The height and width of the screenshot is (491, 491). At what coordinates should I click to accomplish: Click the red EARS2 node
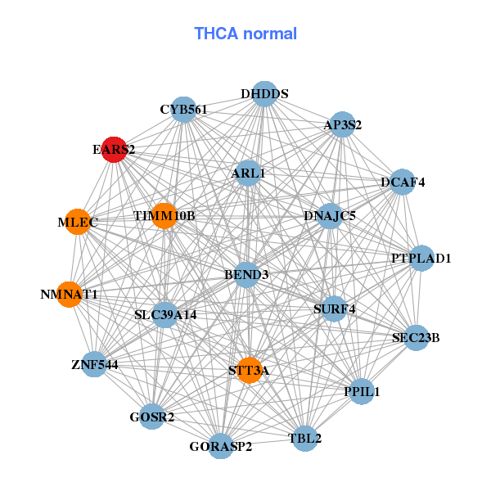click(x=114, y=150)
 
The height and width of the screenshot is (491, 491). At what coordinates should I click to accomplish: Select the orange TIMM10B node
click(x=164, y=216)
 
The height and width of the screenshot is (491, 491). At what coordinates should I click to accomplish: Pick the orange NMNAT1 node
click(x=70, y=294)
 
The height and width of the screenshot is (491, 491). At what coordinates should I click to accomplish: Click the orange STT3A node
click(x=249, y=371)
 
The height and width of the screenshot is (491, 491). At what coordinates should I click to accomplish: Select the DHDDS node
click(x=264, y=94)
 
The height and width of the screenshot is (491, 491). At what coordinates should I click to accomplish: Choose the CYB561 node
click(x=183, y=110)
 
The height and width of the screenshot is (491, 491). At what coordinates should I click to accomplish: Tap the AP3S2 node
click(x=342, y=125)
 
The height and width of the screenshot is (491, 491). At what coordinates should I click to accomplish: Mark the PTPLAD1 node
click(x=421, y=259)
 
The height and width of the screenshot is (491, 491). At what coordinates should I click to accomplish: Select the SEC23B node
click(x=416, y=336)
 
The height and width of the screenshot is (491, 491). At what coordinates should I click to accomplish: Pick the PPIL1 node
click(x=362, y=392)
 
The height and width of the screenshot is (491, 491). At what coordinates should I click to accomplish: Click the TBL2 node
click(x=305, y=439)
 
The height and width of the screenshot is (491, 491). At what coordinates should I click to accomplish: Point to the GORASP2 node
click(x=220, y=446)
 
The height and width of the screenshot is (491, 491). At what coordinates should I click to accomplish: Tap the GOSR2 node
click(x=152, y=417)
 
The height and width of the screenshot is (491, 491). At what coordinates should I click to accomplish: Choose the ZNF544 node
click(x=95, y=364)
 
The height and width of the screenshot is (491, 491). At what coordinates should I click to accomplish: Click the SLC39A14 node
click(x=165, y=314)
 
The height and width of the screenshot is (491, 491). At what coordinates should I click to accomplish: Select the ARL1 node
click(x=248, y=173)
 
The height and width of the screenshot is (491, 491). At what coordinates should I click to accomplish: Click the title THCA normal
click(x=245, y=34)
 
